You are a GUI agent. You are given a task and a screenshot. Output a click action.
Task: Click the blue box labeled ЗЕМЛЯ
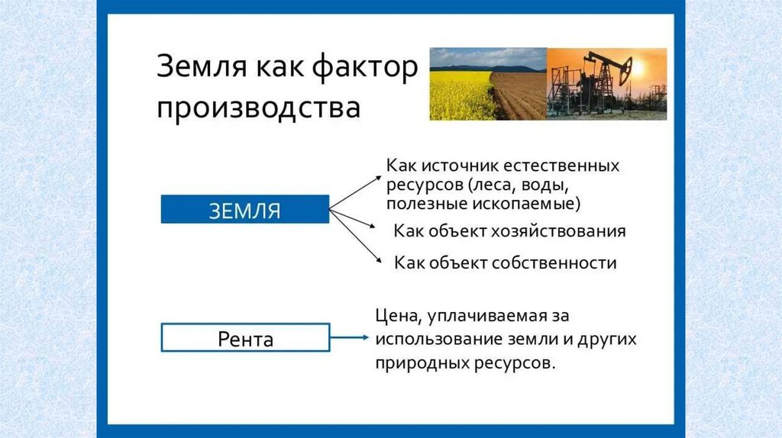pos(245,209)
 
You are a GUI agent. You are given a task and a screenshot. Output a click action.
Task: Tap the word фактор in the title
pos(365,67)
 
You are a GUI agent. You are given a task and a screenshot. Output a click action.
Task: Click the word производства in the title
pos(258,108)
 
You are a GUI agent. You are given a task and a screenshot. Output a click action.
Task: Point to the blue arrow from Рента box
pos(349,337)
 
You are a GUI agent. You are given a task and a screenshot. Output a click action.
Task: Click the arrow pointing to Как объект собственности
pos(356,236)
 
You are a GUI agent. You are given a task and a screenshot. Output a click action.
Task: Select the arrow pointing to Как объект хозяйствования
pos(352,219)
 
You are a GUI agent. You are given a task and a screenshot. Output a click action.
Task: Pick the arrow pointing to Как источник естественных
pos(355,193)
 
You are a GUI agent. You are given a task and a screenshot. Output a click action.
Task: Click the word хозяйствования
pos(558,232)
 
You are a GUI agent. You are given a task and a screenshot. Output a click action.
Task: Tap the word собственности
pos(554,262)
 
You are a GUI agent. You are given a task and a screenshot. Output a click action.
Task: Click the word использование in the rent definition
pos(439,339)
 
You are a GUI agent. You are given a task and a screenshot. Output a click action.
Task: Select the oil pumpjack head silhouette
pos(625,69)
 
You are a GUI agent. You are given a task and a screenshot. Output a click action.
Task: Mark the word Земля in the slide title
pos(202,67)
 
